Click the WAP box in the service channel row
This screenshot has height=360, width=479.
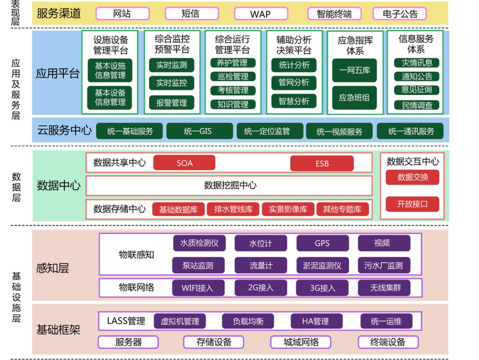pos(260,14)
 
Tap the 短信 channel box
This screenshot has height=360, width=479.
pos(191,14)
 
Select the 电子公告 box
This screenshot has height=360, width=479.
pos(400,14)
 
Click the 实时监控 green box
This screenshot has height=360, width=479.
pos(171,83)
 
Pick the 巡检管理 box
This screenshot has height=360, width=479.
pos(233,77)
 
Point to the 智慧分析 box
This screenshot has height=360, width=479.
pos(294,101)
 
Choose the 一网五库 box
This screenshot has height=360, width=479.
pos(354,70)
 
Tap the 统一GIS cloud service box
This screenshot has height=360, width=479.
pos(198,131)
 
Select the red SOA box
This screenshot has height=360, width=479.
pos(184,163)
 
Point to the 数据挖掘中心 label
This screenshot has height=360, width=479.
pos(230,185)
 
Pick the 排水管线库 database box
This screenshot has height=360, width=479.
pos(233,209)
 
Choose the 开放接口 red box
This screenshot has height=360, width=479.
pos(412,204)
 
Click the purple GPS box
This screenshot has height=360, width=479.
pos(322,243)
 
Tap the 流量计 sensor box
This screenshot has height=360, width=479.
pos(261,266)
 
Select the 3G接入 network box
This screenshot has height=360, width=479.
pos(322,288)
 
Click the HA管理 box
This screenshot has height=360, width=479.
pos(315,321)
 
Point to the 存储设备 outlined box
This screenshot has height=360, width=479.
pos(214,342)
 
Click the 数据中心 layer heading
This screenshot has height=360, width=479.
pos(59,186)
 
